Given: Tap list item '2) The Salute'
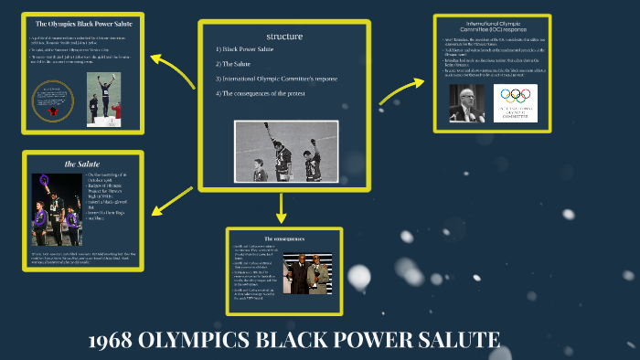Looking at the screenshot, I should [x=235, y=64].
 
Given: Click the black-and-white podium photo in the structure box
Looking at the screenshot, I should [x=286, y=152].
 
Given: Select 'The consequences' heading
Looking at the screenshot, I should [x=283, y=238].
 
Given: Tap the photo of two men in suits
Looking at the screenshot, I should [x=306, y=270].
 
